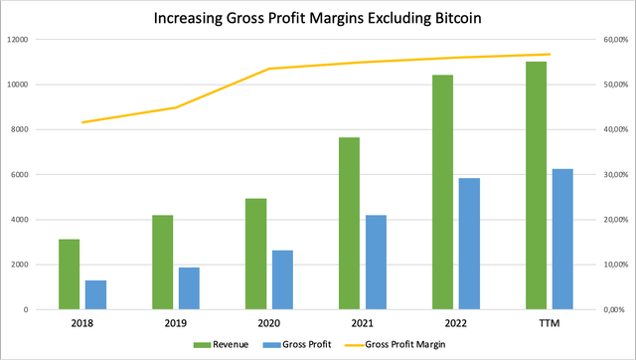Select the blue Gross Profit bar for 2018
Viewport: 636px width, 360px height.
(95, 295)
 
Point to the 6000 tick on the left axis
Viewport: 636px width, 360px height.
(23, 175)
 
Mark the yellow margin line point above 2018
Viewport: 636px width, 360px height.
(82, 122)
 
